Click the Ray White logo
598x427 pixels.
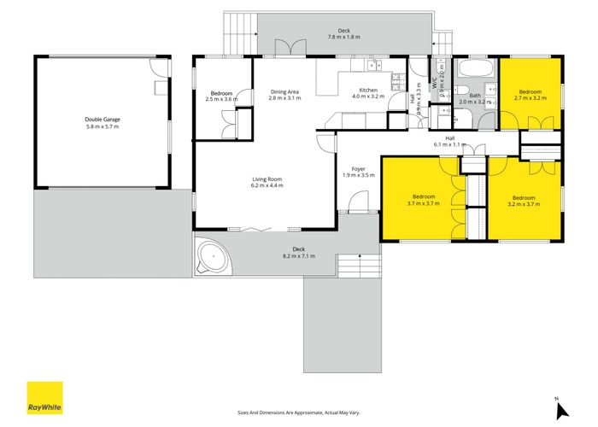tap(44, 397)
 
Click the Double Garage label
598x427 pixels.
tap(101, 123)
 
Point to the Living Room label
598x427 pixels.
tap(267, 182)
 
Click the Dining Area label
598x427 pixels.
tap(284, 95)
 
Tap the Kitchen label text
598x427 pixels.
tap(368, 93)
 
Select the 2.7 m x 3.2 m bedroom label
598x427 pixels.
tap(530, 95)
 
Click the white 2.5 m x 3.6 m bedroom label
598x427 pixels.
tap(220, 95)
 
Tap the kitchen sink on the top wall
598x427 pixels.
tap(374, 64)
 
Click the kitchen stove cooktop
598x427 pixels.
tap(396, 81)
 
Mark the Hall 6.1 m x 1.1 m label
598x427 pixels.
tap(448, 141)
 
